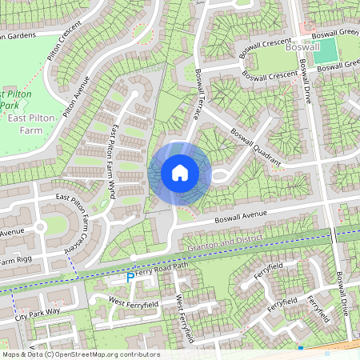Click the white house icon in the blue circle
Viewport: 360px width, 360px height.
point(180,172)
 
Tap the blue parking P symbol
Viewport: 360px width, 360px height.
point(130,278)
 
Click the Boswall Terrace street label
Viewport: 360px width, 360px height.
point(206,96)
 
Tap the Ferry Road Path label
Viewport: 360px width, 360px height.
point(162,270)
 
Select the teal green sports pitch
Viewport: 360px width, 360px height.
point(325,51)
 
